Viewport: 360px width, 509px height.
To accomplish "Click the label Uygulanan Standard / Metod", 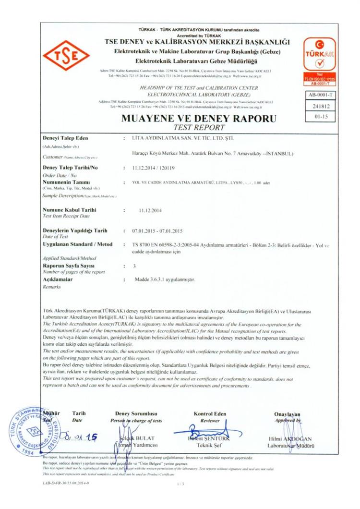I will [77, 245].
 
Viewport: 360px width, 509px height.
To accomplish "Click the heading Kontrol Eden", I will [210, 414].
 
